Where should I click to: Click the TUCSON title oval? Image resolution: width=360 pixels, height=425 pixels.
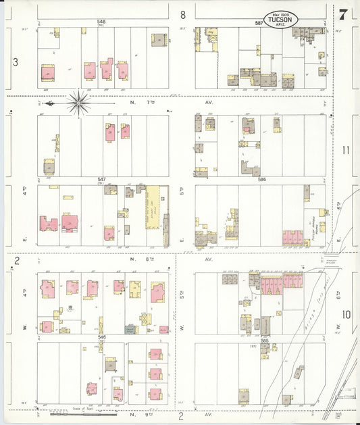(279, 18)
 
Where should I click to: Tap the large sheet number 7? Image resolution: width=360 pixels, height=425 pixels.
(344, 14)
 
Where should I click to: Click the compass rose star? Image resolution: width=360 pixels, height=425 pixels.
(78, 103)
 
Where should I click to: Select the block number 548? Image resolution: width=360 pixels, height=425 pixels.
(101, 22)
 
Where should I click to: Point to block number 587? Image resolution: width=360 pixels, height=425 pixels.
(259, 22)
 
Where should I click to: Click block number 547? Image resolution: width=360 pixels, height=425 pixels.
(101, 179)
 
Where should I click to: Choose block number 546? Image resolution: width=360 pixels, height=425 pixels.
(101, 336)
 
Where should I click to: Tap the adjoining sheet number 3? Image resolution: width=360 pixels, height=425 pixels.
(14, 62)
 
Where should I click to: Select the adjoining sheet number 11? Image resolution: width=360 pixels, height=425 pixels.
(346, 150)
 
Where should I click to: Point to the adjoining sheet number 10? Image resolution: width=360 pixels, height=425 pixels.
(346, 314)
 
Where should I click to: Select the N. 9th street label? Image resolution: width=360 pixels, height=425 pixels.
(143, 413)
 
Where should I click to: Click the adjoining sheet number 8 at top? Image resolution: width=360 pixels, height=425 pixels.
(182, 14)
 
